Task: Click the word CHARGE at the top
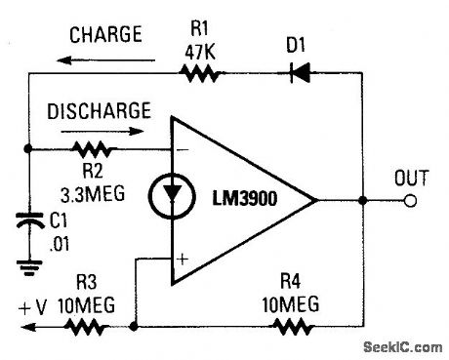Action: (x=105, y=36)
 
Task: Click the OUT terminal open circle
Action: (x=411, y=201)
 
